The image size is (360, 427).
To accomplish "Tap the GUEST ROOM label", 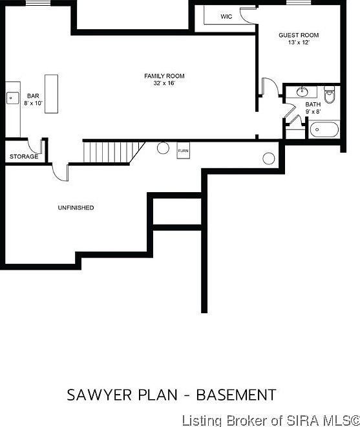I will click(299, 35).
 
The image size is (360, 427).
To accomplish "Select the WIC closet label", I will click(226, 17).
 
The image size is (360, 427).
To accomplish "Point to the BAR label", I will click(33, 96).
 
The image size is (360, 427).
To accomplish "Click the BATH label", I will click(313, 104).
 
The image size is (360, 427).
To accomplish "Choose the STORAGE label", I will click(24, 157).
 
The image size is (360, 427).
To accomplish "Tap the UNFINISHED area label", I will click(76, 208).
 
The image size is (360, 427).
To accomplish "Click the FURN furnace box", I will click(183, 151).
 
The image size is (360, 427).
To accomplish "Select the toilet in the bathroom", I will click(330, 95).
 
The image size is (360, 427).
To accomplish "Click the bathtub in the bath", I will click(324, 129).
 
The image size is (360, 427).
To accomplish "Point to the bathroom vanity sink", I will click(302, 91).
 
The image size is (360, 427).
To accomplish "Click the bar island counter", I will click(51, 94).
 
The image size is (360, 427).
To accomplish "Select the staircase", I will click(111, 152).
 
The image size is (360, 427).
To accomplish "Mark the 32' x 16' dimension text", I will click(164, 83).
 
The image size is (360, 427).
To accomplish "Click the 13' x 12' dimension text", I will click(299, 42).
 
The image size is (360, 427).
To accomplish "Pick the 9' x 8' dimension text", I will click(313, 111).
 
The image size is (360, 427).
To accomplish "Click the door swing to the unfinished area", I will click(60, 170).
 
